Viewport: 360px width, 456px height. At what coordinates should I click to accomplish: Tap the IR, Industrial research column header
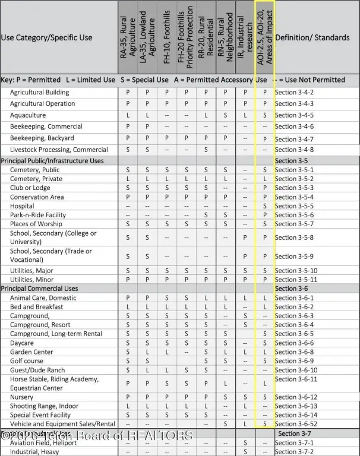(x=245, y=37)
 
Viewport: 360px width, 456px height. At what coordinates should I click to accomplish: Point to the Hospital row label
(x=22, y=206)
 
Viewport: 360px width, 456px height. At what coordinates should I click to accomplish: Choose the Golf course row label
(x=27, y=361)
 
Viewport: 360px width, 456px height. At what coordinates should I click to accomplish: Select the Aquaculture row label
(x=28, y=115)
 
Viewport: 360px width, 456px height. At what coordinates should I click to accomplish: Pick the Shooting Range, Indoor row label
(x=44, y=406)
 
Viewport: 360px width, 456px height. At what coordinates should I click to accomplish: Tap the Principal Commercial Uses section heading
(x=39, y=289)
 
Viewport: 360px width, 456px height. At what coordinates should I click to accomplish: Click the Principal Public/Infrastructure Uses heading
(x=52, y=161)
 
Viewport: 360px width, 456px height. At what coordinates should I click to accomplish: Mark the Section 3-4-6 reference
(x=294, y=126)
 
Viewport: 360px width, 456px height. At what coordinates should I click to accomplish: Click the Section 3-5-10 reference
(x=296, y=271)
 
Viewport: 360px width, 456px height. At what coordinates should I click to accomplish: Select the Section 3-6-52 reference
(x=296, y=424)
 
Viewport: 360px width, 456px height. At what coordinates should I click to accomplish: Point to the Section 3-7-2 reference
(x=294, y=452)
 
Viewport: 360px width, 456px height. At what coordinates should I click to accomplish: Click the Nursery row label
(x=22, y=397)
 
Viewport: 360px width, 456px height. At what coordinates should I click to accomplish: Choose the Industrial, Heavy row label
(x=34, y=452)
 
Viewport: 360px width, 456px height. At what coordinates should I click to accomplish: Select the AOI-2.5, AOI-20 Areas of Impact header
(x=265, y=37)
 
